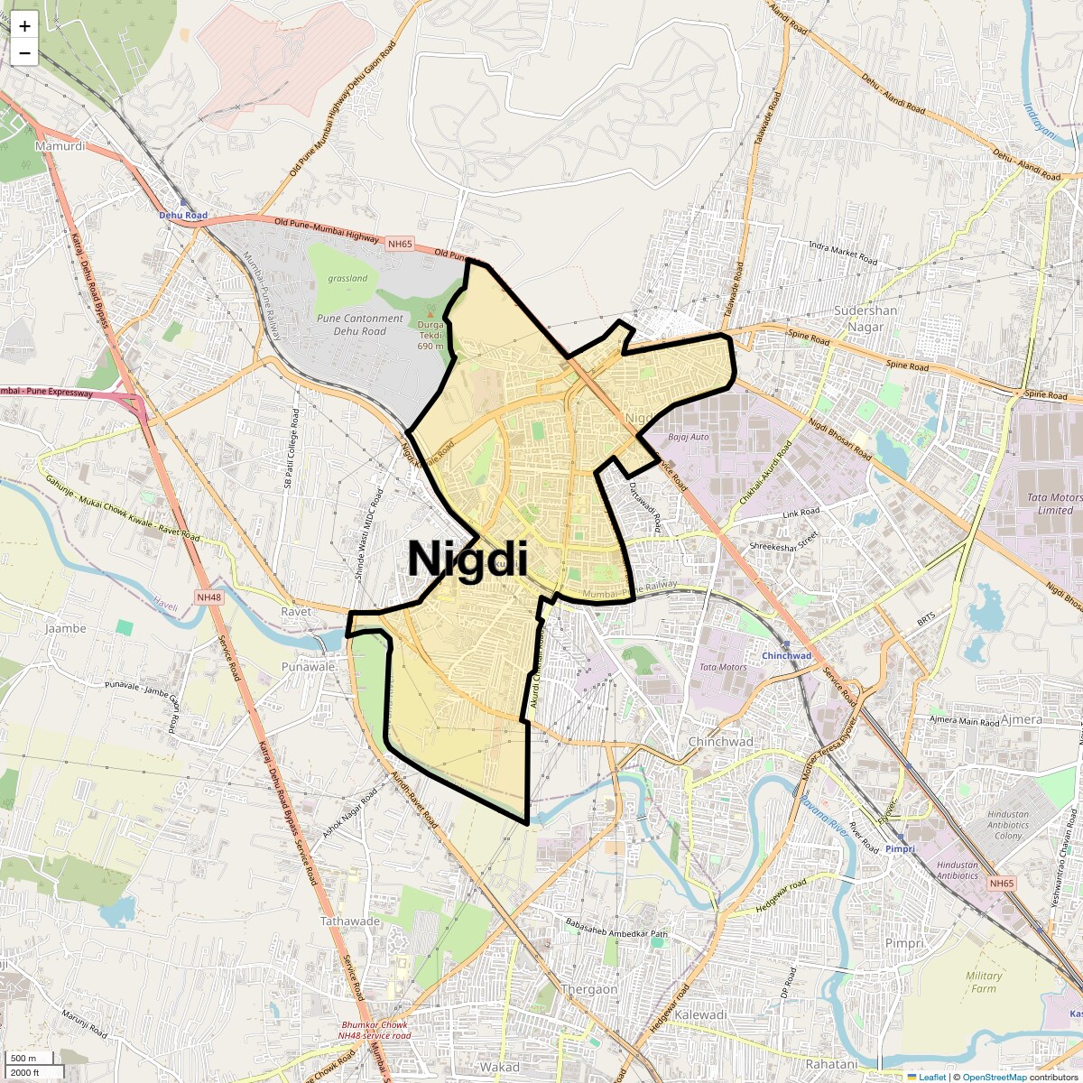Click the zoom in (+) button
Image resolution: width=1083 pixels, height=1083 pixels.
point(24,26)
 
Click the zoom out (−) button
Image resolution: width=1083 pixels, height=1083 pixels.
point(24,53)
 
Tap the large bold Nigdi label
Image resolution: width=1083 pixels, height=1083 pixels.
point(467,559)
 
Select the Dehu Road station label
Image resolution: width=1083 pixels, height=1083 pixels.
point(183,216)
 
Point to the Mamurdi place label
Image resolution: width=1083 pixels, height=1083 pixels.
point(60,145)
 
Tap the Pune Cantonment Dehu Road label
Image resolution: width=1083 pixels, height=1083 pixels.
point(360,324)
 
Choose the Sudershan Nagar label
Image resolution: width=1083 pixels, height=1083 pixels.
point(865,318)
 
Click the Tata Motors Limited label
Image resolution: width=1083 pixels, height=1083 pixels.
point(1054,504)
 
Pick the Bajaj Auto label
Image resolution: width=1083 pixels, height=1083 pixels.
point(689,437)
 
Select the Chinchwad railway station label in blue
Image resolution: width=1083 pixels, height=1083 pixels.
point(786,656)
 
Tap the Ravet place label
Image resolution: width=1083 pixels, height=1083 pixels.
point(295,611)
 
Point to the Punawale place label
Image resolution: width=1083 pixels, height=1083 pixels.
point(308,666)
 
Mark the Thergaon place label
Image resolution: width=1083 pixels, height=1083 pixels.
point(589,989)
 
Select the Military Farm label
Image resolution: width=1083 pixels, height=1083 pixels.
point(984,982)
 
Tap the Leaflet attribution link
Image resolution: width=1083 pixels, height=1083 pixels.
point(931,1077)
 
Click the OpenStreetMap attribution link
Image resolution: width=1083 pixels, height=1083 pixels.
point(994,1077)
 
